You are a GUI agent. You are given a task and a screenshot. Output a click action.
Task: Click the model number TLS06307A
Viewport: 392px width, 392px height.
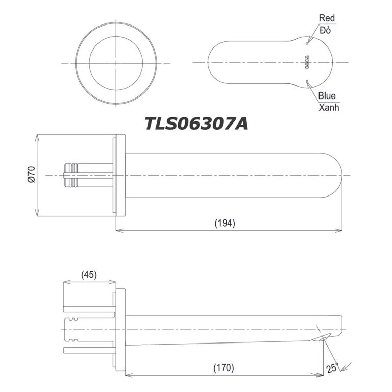coord(196,124)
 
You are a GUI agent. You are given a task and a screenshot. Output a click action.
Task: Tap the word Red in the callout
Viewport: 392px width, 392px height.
coord(327,18)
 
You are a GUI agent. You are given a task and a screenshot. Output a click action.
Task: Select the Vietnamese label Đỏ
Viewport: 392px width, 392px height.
coord(325,30)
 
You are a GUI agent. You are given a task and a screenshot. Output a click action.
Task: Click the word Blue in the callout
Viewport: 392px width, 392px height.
coord(327,95)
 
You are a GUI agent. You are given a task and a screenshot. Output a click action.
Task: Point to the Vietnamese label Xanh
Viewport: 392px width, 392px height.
coord(328,108)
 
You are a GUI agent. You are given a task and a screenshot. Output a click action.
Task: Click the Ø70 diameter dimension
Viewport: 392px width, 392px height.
coord(31,175)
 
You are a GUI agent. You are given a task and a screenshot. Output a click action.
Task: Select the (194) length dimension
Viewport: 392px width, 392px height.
coord(225,223)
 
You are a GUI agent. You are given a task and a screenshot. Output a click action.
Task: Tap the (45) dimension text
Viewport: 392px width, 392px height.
coord(89,275)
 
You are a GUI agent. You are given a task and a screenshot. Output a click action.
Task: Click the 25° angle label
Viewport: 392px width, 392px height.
coord(333,366)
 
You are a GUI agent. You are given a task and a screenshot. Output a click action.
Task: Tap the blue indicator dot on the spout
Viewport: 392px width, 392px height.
coord(307,82)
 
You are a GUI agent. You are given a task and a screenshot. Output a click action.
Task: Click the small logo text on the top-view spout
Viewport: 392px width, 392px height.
coord(307,62)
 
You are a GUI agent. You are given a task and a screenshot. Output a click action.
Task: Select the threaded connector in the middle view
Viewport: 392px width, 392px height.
coord(71,175)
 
